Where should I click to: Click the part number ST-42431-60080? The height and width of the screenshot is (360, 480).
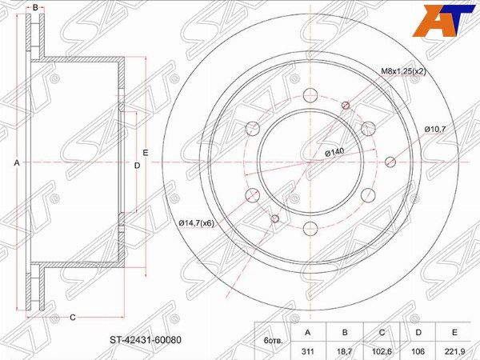pyautogui.click(x=146, y=340)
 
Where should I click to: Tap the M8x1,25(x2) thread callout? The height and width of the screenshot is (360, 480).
pyautogui.click(x=403, y=72)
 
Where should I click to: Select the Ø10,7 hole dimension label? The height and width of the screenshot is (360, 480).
pyautogui.click(x=435, y=130)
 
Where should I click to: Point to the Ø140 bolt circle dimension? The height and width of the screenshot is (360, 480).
pyautogui.click(x=334, y=152)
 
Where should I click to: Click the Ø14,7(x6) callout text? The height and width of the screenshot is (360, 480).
pyautogui.click(x=197, y=223)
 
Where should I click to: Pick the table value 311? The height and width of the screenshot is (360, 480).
pyautogui.click(x=308, y=351)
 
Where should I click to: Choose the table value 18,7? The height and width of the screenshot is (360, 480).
pyautogui.click(x=345, y=351)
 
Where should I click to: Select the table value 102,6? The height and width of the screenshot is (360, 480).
pyautogui.click(x=382, y=351)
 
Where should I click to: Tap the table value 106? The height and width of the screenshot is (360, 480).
pyautogui.click(x=418, y=351)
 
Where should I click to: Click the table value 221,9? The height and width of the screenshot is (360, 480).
pyautogui.click(x=455, y=351)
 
